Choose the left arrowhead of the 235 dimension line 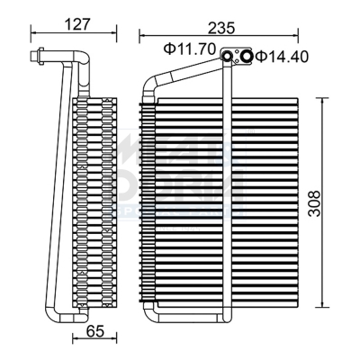[x=140, y=36]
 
